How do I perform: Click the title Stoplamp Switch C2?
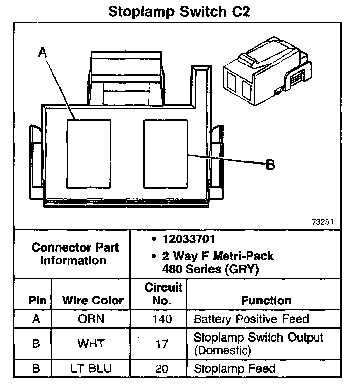pyautogui.click(x=179, y=11)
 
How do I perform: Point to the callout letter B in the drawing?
pyautogui.click(x=270, y=165)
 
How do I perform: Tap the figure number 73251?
pyautogui.click(x=322, y=221)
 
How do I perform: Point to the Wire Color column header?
pyautogui.click(x=92, y=300)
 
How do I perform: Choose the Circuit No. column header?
pyautogui.click(x=163, y=294)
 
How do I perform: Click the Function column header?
pyautogui.click(x=266, y=300)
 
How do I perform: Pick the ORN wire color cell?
pyautogui.click(x=91, y=320)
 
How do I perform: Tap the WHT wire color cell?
pyautogui.click(x=91, y=343)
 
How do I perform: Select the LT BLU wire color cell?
pyautogui.click(x=91, y=368)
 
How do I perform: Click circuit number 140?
pyautogui.click(x=162, y=320)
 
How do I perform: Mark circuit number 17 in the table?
pyautogui.click(x=162, y=344)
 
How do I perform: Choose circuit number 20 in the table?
pyautogui.click(x=162, y=368)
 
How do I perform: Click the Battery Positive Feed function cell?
pyautogui.click(x=251, y=320)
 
